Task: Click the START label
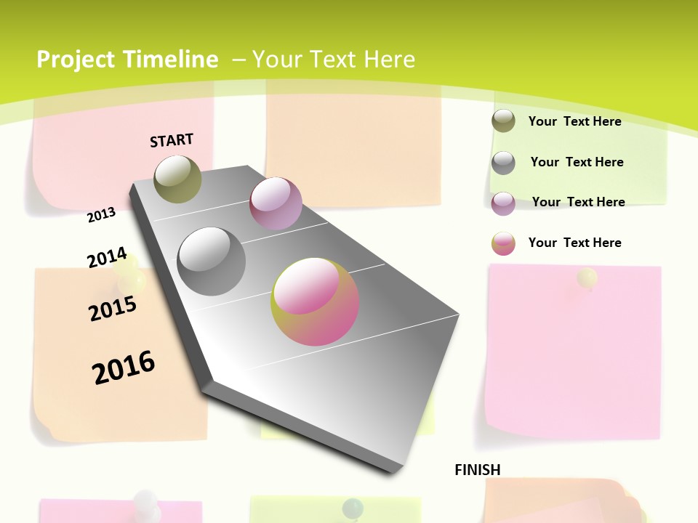tap(172, 140)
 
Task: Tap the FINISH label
tap(478, 470)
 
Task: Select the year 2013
tap(102, 215)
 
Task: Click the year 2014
tap(107, 258)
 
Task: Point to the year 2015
tap(113, 308)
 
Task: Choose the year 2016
tap(124, 367)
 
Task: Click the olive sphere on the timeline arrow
tap(177, 179)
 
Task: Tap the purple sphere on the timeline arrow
tap(276, 203)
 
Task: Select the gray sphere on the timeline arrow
tap(212, 261)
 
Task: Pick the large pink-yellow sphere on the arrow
tap(315, 301)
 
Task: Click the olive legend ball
tap(503, 121)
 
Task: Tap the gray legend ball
tap(503, 163)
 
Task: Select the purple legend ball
tap(503, 203)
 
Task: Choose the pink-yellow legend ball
tap(503, 243)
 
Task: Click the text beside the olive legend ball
tap(574, 121)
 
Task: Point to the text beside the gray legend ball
tap(577, 162)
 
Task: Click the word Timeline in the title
tap(171, 60)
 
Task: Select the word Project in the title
tap(76, 60)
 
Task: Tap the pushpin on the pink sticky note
tap(587, 278)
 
